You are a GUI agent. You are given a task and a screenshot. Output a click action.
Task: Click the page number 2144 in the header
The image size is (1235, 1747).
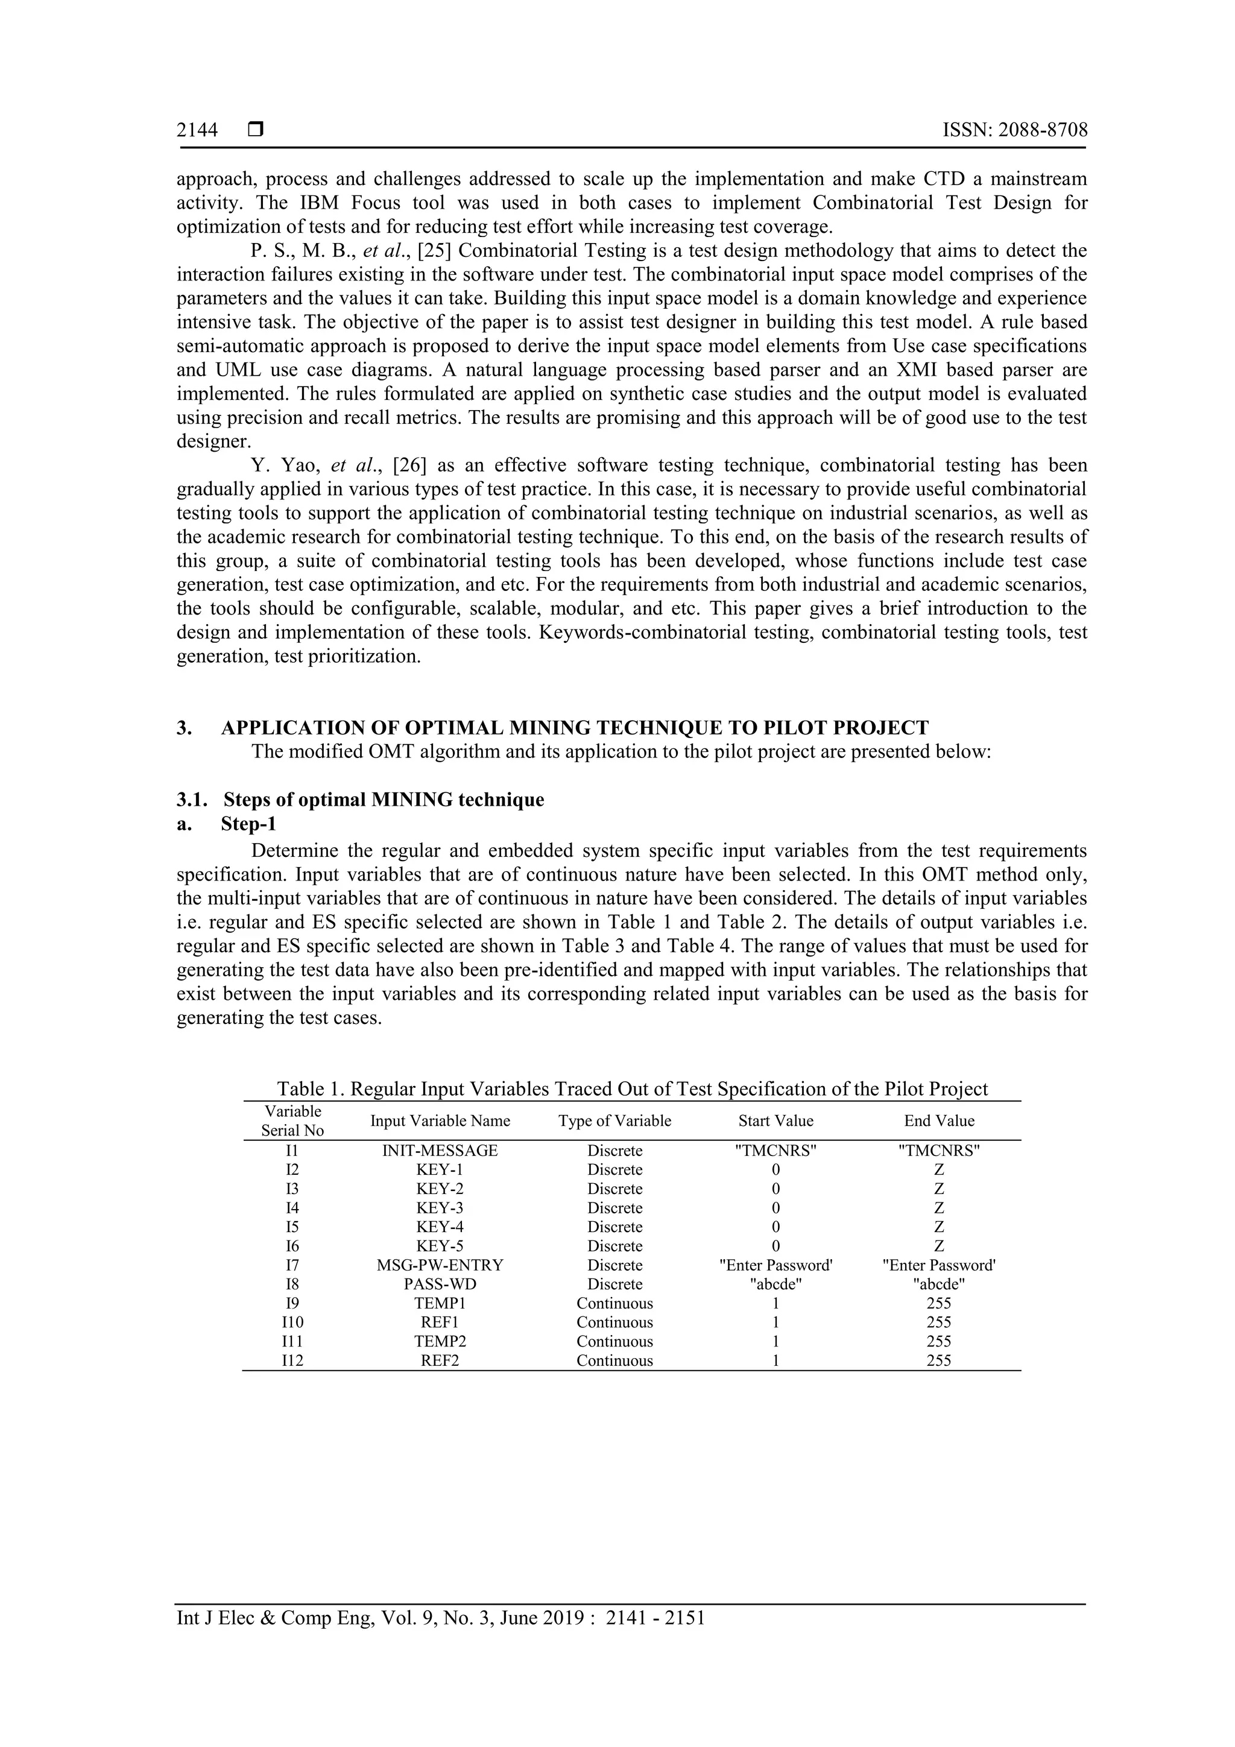(197, 131)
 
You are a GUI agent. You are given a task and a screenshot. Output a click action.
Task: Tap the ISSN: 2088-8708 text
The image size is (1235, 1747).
(1015, 130)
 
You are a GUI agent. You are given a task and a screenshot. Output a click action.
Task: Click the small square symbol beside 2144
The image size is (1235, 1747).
(256, 130)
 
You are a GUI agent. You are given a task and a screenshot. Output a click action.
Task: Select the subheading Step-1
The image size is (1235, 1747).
(248, 823)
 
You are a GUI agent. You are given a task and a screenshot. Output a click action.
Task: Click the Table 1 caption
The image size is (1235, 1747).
(631, 1089)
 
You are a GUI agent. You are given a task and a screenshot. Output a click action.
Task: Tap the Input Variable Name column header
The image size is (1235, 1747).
(440, 1121)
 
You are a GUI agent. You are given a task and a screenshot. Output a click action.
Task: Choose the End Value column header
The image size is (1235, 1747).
(938, 1121)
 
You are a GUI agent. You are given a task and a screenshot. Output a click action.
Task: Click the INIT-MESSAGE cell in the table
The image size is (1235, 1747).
(440, 1151)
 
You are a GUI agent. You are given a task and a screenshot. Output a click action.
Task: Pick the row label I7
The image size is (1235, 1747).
(292, 1265)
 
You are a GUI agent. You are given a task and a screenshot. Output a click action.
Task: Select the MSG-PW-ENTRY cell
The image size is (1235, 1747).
(440, 1265)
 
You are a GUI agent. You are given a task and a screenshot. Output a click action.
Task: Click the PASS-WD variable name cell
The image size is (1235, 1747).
(440, 1284)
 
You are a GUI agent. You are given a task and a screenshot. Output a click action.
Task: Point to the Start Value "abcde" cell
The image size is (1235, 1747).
(775, 1284)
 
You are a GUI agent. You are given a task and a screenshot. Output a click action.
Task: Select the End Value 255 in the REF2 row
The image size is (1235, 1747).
(938, 1361)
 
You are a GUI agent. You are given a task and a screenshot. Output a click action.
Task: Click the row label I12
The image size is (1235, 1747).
(292, 1361)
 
